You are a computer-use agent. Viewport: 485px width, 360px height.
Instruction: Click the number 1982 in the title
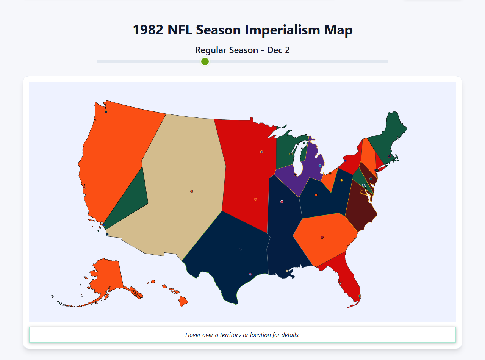point(148,30)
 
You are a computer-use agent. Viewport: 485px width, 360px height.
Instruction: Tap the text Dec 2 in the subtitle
point(278,50)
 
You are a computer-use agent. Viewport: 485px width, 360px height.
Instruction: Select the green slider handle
point(205,61)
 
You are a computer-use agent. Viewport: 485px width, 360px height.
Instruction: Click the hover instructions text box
point(242,335)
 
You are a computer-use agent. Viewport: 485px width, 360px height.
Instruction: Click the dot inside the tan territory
point(192,191)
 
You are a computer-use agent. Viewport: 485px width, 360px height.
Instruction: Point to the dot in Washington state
point(106,111)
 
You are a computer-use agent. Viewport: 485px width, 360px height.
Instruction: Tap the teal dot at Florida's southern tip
point(360,296)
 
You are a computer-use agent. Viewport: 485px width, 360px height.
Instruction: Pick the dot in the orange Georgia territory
point(322,237)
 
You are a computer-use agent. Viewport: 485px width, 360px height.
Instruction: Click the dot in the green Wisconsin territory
point(291,154)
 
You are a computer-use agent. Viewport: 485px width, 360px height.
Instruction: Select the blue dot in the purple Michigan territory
point(320,166)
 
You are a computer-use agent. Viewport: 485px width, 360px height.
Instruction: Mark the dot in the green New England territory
point(389,156)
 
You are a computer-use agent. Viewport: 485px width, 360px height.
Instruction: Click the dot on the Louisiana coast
point(287,271)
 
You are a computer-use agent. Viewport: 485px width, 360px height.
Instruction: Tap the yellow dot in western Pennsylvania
point(341,180)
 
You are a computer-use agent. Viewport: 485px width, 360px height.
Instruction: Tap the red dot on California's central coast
point(84,187)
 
